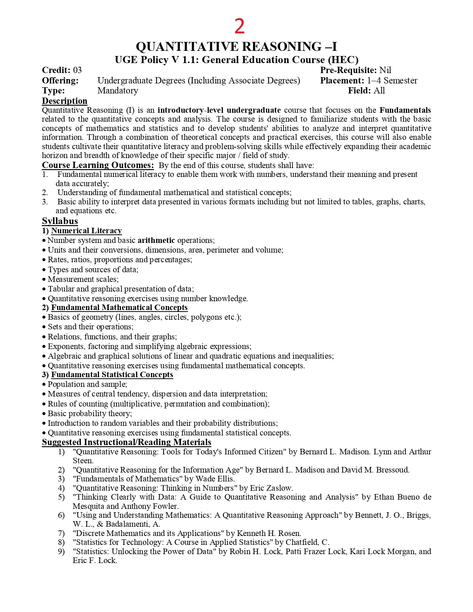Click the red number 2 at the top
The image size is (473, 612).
[240, 27]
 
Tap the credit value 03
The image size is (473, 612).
[77, 70]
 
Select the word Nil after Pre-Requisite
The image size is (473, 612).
[385, 70]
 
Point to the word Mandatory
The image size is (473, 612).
[118, 91]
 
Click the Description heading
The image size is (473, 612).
[65, 101]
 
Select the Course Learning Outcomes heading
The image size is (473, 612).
[98, 165]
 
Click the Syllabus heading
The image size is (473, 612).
[60, 221]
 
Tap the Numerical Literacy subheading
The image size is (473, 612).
[86, 231]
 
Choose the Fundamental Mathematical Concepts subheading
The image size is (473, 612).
[119, 307]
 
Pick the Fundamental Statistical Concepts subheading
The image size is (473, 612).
[112, 375]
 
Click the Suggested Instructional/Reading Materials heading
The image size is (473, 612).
[127, 442]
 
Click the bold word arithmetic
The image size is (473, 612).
[156, 240]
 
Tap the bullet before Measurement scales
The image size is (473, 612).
[44, 280]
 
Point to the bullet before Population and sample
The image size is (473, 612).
[44, 385]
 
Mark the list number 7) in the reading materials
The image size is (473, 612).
[61, 533]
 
